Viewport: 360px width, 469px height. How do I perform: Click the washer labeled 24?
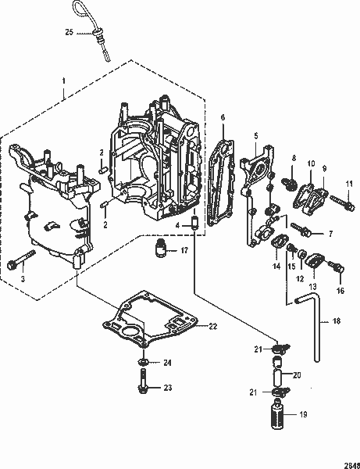tap(144, 363)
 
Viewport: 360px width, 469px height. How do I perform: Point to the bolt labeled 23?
tap(145, 386)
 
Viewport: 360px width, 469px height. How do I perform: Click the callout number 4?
tap(177, 225)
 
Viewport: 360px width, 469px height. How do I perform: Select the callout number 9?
tap(323, 168)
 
